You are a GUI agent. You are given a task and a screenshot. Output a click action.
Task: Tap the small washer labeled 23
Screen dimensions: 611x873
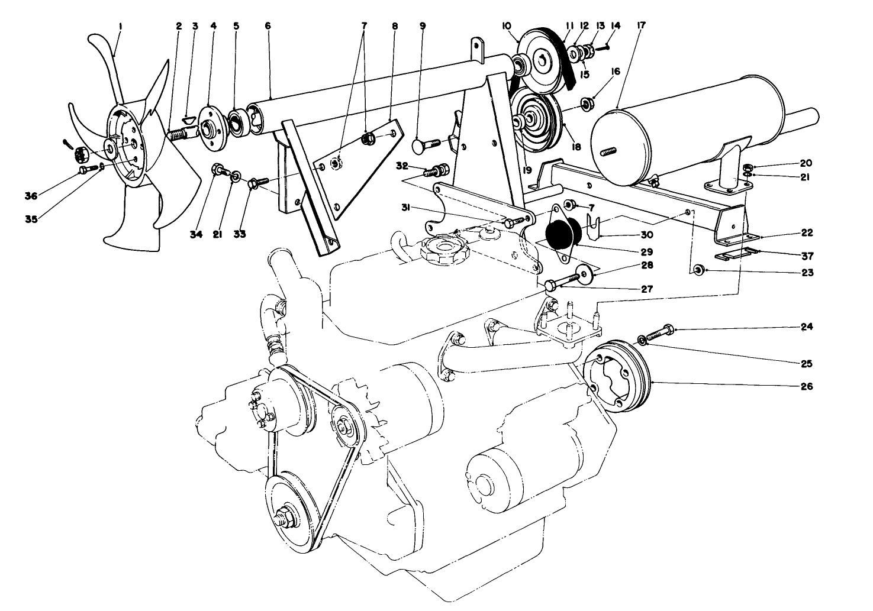point(698,270)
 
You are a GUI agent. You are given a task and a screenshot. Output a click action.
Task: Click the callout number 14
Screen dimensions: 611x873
point(616,25)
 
